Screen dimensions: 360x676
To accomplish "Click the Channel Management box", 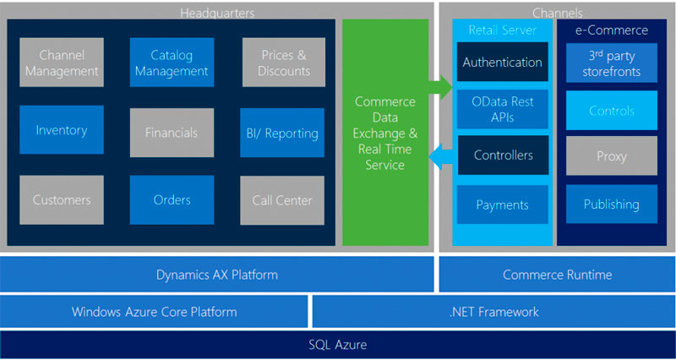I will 62,63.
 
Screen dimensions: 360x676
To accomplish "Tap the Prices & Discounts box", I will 282,63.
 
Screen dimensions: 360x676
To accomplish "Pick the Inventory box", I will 62,130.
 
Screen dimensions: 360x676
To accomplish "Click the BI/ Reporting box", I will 282,132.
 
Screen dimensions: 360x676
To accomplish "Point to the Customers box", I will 62,200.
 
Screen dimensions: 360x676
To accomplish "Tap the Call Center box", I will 282,200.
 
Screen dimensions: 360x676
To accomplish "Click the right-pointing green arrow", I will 439,85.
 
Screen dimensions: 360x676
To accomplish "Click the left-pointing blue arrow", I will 439,155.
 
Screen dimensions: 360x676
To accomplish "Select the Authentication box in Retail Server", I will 502,63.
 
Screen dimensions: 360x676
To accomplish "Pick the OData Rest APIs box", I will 502,109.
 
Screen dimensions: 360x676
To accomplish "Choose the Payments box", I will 502,205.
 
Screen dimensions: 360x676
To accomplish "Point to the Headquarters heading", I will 217,13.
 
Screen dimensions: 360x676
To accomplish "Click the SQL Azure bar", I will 338,345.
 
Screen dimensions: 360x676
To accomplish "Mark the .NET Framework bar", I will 493,311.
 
